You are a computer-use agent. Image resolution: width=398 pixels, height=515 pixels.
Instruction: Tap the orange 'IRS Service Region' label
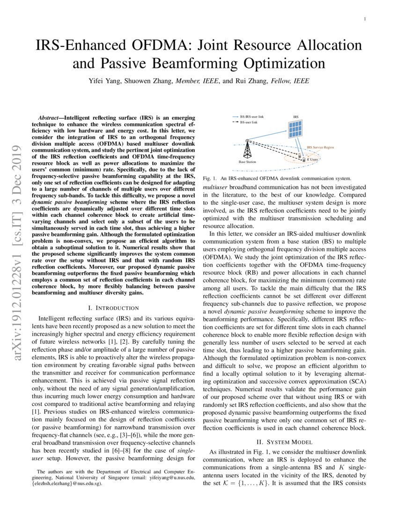pyautogui.click(x=320, y=147)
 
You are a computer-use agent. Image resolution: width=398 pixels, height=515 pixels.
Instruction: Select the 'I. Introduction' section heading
pyautogui.click(x=113, y=308)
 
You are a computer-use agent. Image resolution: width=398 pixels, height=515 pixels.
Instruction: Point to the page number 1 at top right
pyautogui.click(x=365, y=19)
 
